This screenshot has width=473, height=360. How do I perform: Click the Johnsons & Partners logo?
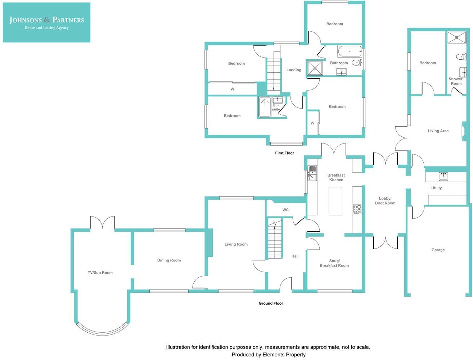pyautogui.click(x=46, y=23)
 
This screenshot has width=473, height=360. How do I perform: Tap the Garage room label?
pyautogui.click(x=438, y=250)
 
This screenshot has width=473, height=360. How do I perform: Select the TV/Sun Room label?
pyautogui.click(x=100, y=273)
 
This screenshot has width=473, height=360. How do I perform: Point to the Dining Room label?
pyautogui.click(x=169, y=260)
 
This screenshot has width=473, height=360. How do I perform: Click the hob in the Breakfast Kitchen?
pyautogui.click(x=357, y=209)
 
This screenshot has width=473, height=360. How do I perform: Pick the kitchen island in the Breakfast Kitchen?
pyautogui.click(x=335, y=201)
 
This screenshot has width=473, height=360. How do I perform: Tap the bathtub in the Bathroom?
pyautogui.click(x=350, y=51)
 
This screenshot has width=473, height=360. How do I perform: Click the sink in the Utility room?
pyautogui.click(x=443, y=177)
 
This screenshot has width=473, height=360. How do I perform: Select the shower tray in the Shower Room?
pyautogui.click(x=456, y=37)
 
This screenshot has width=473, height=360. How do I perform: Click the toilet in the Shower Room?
pyautogui.click(x=460, y=57)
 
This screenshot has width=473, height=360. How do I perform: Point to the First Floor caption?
pyautogui.click(x=284, y=153)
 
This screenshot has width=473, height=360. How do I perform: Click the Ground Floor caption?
pyautogui.click(x=271, y=304)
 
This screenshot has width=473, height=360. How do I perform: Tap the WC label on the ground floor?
pyautogui.click(x=285, y=210)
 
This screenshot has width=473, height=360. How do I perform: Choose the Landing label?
pyautogui.click(x=294, y=70)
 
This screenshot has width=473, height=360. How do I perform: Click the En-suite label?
pyautogui.click(x=276, y=108)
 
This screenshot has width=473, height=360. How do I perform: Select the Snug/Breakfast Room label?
pyautogui.click(x=334, y=263)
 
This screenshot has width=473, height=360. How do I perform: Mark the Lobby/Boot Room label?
pyautogui.click(x=385, y=201)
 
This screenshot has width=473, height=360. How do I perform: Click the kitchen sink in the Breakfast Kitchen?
pyautogui.click(x=312, y=173)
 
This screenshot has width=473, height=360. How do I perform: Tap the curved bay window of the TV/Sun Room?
pyautogui.click(x=103, y=331)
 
